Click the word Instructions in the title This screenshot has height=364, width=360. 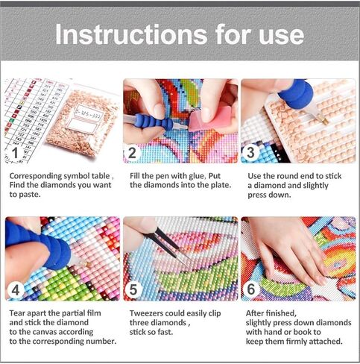(123, 35)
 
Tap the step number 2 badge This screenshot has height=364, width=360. (133, 153)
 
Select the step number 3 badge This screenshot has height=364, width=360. (251, 153)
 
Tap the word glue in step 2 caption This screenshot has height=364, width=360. (198, 176)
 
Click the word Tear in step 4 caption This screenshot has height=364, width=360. (17, 314)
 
